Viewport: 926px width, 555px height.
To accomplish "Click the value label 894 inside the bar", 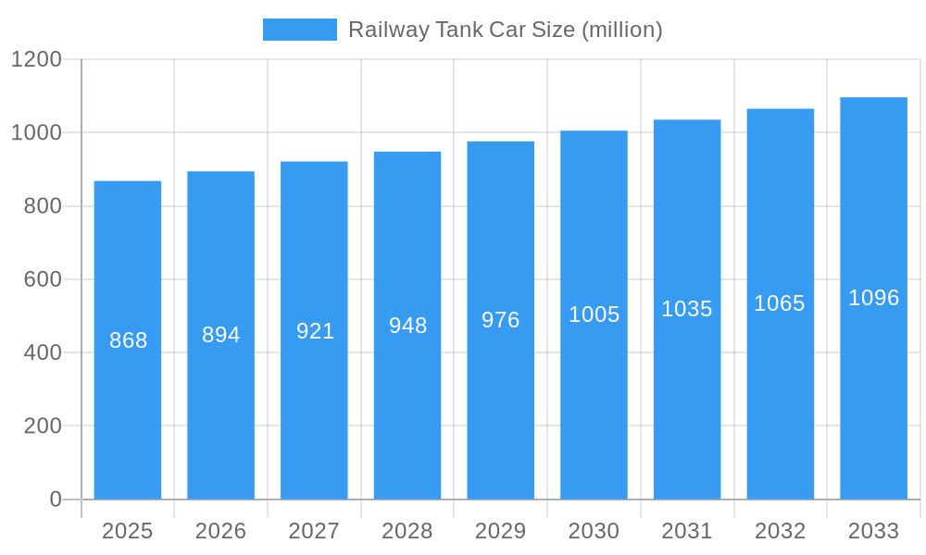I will [x=221, y=335].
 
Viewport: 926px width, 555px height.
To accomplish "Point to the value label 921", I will [x=315, y=331].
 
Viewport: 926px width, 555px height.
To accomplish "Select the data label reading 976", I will [x=501, y=320].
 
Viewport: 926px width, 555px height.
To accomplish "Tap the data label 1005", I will [x=594, y=314].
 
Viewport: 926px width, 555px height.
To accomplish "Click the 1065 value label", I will [x=780, y=303].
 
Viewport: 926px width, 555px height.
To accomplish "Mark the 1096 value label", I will [x=873, y=298].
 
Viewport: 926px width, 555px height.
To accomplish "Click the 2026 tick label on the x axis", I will [x=221, y=531].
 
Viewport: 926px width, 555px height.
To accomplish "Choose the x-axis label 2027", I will [x=314, y=531].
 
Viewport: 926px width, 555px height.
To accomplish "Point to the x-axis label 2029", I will [x=501, y=531].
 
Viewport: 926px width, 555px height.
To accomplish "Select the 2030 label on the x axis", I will [x=594, y=531].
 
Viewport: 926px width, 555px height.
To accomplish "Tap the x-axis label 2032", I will [x=780, y=531].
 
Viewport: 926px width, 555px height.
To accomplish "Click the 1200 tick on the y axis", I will [x=36, y=60].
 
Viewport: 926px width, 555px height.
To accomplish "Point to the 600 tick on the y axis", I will [x=43, y=279].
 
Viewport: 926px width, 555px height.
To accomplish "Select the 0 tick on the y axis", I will [x=56, y=499].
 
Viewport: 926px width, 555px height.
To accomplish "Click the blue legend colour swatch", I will [x=300, y=30].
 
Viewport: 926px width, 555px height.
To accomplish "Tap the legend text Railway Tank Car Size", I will [x=505, y=30].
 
